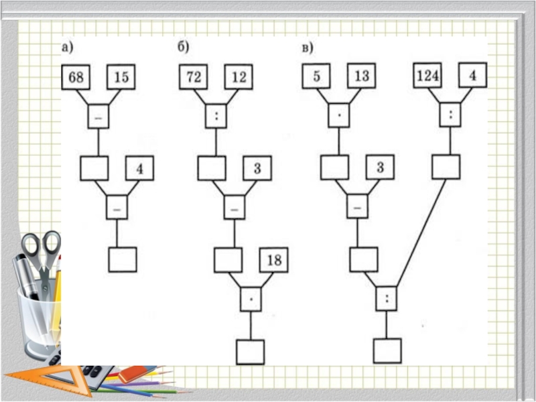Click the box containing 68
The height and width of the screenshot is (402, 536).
(76, 77)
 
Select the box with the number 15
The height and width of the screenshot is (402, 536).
(121, 77)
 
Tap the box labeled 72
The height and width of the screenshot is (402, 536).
(193, 77)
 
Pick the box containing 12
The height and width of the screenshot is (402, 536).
(239, 77)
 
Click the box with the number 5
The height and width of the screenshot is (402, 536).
(316, 76)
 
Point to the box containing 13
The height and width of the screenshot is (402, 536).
(361, 76)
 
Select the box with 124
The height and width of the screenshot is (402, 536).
(427, 76)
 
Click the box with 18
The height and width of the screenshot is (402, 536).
(275, 259)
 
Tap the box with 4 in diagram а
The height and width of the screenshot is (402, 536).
(139, 169)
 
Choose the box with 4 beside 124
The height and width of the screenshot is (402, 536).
(472, 76)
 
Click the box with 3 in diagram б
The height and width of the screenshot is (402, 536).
(257, 168)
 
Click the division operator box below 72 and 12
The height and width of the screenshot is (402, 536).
(216, 116)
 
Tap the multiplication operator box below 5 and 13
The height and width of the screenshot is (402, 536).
(338, 116)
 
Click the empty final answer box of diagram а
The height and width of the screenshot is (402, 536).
(123, 259)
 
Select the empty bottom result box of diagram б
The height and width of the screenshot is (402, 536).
(250, 351)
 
